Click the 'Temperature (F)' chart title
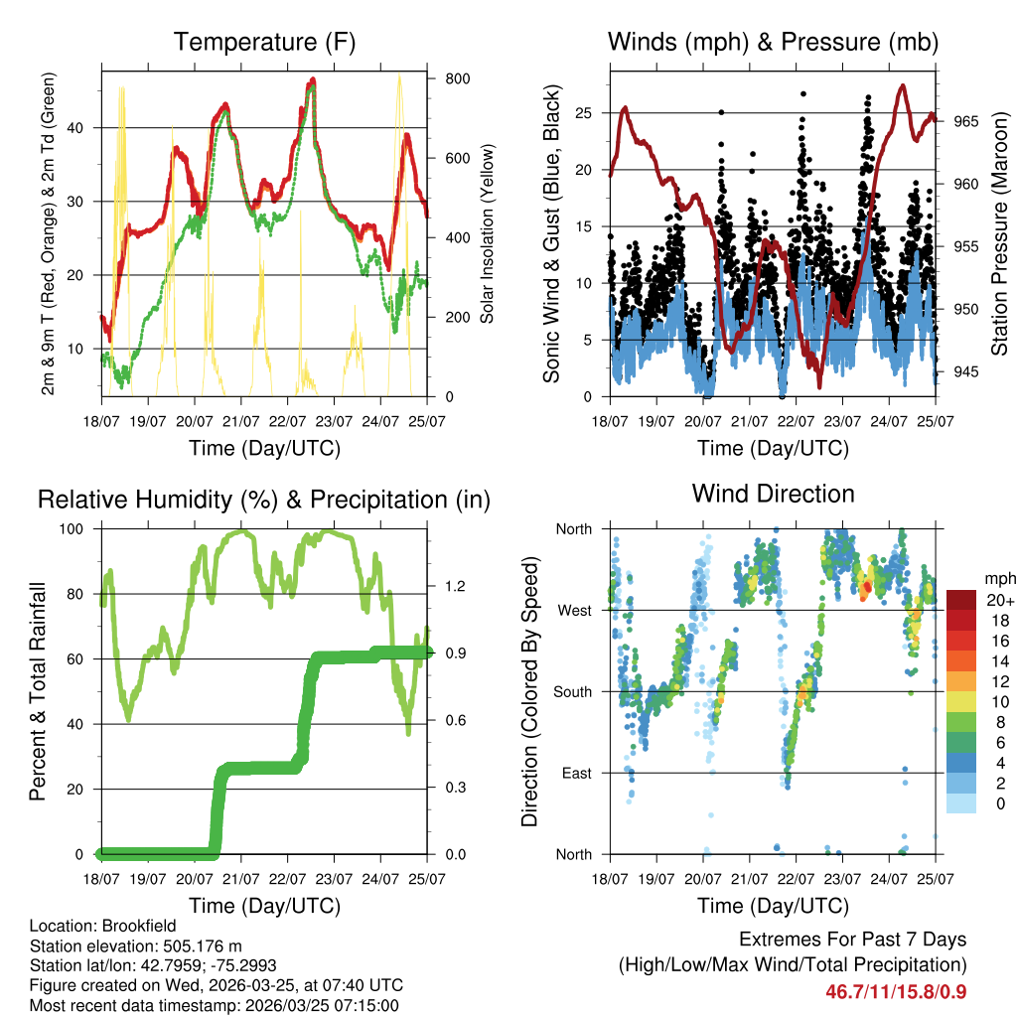(264, 42)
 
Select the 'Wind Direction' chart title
(773, 493)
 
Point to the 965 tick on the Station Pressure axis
(966, 121)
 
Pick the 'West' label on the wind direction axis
(574, 610)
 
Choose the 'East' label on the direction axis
(576, 773)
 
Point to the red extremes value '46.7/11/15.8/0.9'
(896, 991)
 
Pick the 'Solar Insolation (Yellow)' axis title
(488, 233)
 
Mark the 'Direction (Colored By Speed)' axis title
(529, 691)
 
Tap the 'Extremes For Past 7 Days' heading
(852, 940)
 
